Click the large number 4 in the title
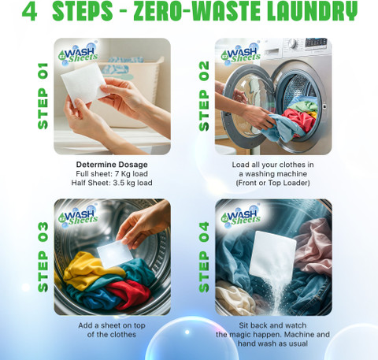(x=30, y=11)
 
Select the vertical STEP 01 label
(x=43, y=96)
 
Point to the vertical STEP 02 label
(x=204, y=96)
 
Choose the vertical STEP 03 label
(x=43, y=257)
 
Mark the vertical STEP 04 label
(x=204, y=257)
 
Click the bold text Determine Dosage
(x=112, y=165)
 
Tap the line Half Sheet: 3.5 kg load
(x=112, y=183)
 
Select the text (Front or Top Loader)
(x=272, y=183)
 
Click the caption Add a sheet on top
(x=112, y=325)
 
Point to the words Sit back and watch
(x=272, y=325)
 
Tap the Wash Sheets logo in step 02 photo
(x=241, y=54)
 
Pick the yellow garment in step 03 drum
(x=89, y=270)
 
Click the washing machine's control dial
(x=293, y=43)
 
